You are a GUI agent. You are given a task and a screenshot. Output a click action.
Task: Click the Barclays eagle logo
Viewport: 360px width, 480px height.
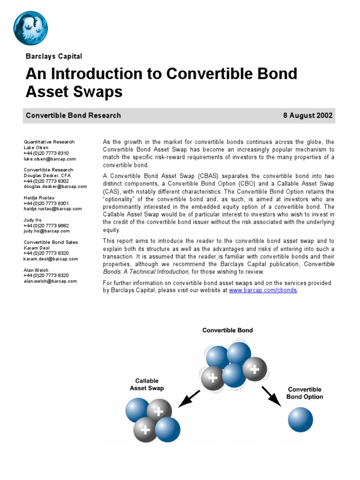click(x=30, y=28)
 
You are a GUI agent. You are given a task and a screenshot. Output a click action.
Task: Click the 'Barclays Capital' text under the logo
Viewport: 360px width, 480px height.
click(x=54, y=56)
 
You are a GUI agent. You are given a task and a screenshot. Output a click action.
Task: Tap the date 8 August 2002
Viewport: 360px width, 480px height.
click(x=307, y=115)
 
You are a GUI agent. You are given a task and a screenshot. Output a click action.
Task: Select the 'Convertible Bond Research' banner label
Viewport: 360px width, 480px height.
click(x=73, y=115)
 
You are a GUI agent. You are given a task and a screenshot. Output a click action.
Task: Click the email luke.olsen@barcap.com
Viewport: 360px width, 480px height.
click(x=50, y=159)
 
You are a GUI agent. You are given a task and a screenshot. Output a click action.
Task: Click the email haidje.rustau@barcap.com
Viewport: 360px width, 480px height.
click(x=52, y=209)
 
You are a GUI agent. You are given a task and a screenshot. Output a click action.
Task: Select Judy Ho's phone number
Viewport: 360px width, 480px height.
click(x=46, y=225)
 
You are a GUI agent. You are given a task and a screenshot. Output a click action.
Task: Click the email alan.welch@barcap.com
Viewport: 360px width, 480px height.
click(x=50, y=281)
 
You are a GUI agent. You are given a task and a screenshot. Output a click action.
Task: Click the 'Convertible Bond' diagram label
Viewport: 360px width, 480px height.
click(x=227, y=330)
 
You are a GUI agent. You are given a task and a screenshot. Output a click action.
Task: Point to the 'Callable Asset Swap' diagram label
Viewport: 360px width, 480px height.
click(x=147, y=384)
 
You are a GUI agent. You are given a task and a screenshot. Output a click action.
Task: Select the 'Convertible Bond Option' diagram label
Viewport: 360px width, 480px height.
click(x=305, y=393)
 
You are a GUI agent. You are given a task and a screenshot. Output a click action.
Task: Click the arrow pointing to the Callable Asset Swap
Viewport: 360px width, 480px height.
click(x=189, y=398)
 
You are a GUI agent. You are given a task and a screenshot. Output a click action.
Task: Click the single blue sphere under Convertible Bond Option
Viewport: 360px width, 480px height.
click(x=300, y=420)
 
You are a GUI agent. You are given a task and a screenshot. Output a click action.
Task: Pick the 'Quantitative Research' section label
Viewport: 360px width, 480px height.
click(x=49, y=142)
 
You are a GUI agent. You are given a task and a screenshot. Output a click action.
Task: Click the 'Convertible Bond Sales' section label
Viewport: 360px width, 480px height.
click(x=51, y=242)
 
